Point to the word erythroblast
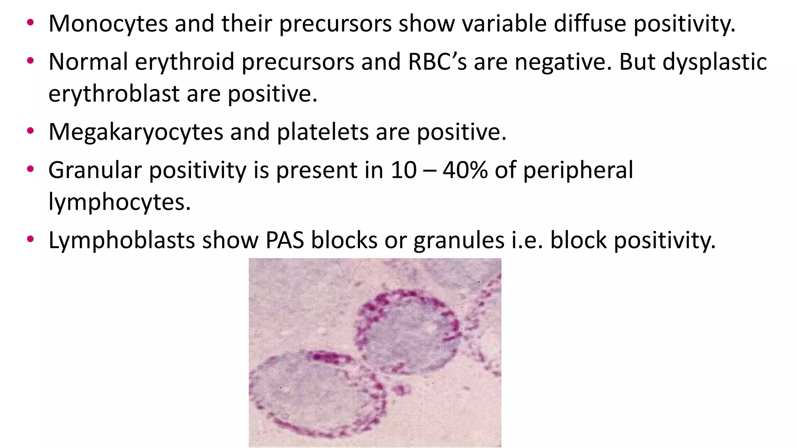pyautogui.click(x=114, y=94)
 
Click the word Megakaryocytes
pyautogui.click(x=135, y=132)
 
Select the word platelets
pyautogui.click(x=323, y=132)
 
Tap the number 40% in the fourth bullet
pyautogui.click(x=465, y=170)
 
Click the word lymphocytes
pyautogui.click(x=119, y=202)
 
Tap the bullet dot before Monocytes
pyautogui.click(x=30, y=23)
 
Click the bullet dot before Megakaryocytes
pyautogui.click(x=30, y=131)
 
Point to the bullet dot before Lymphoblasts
pyautogui.click(x=30, y=240)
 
